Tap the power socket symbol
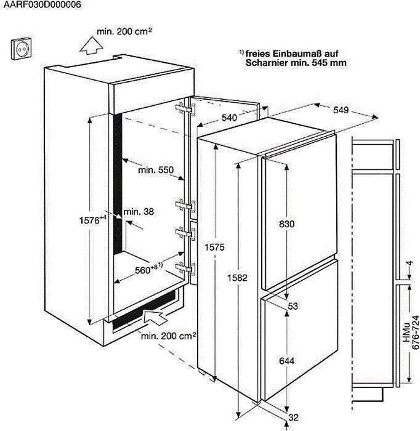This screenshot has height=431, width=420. tap(22, 49)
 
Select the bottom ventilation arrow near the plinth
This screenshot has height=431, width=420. tap(155, 318)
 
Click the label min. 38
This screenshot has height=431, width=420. tap(138, 211)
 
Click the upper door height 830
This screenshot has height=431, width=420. tap(287, 225)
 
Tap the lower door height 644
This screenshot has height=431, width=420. tap(287, 360)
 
